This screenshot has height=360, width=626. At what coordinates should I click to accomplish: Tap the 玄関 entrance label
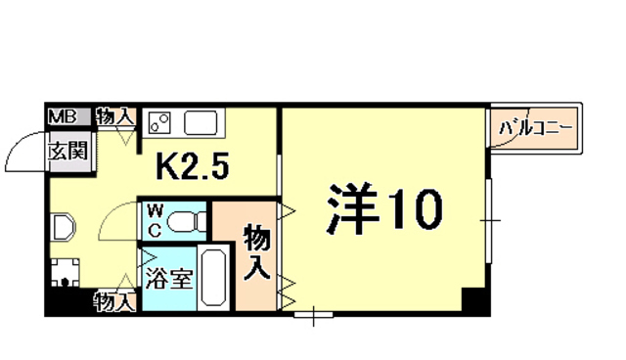click(69, 151)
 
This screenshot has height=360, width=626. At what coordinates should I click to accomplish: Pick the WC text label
click(155, 220)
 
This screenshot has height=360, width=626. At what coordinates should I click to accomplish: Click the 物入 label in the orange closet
click(257, 252)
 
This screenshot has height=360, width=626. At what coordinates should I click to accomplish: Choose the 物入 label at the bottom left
click(114, 302)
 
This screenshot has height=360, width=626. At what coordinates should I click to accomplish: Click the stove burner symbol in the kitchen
click(160, 124)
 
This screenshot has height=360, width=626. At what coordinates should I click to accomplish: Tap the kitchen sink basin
click(202, 124)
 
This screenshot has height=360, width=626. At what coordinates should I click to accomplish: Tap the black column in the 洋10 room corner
click(474, 301)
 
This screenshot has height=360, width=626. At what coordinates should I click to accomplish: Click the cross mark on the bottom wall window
click(312, 316)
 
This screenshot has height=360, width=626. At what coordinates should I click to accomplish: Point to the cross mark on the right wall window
click(490, 221)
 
